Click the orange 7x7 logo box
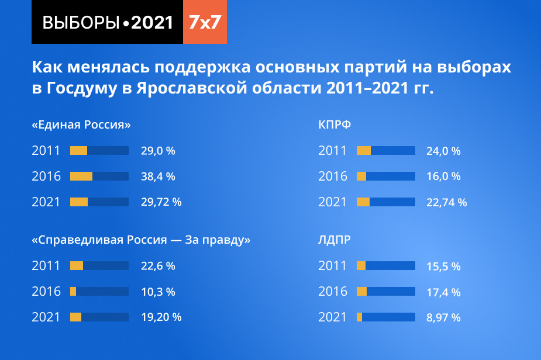click(x=205, y=22)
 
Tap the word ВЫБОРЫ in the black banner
click(x=81, y=22)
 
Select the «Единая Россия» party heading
click(x=81, y=125)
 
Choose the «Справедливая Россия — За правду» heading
click(x=141, y=240)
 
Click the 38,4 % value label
click(x=158, y=176)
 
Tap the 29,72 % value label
click(x=161, y=202)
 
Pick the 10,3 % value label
click(x=158, y=292)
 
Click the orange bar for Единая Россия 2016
click(x=81, y=176)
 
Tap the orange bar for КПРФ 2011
click(x=364, y=151)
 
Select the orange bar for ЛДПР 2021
click(x=360, y=317)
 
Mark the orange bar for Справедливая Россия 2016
click(x=73, y=291)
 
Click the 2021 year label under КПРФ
click(x=333, y=202)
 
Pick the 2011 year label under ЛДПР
click(x=333, y=266)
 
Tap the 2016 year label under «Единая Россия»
click(x=46, y=176)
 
